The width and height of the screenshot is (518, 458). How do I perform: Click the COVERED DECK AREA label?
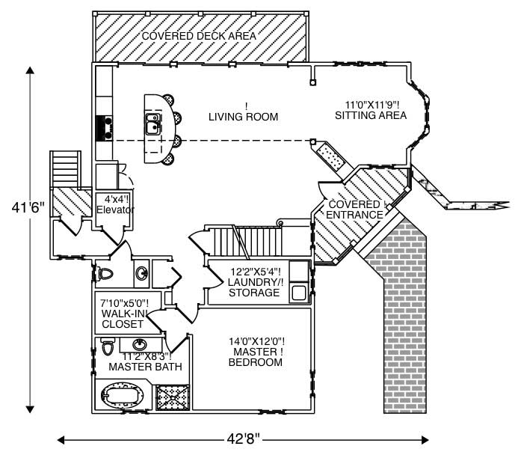click(x=198, y=36)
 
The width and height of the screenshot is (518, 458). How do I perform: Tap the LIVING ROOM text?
click(x=243, y=117)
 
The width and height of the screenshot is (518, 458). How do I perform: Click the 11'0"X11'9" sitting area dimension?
click(x=371, y=105)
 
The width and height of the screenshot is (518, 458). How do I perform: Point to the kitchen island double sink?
click(x=154, y=123)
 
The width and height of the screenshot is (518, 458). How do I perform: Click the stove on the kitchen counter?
click(x=103, y=129)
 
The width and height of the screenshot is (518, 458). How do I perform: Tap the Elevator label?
click(x=114, y=210)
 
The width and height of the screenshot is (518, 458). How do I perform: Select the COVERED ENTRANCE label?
click(x=356, y=210)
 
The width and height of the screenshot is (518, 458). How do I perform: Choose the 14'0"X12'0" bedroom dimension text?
click(x=256, y=341)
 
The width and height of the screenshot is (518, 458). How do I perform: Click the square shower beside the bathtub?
click(x=173, y=394)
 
